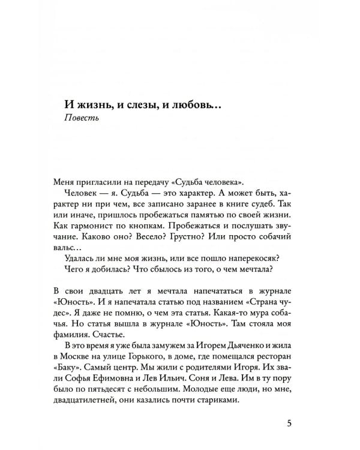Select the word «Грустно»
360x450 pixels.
[x=191, y=246]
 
